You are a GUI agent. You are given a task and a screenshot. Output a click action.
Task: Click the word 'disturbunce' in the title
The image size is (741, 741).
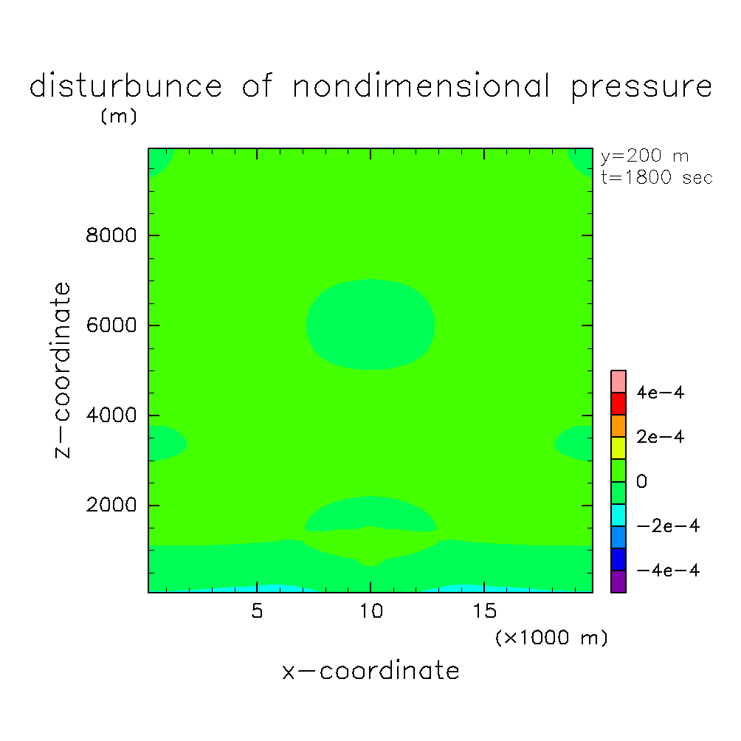tap(125, 86)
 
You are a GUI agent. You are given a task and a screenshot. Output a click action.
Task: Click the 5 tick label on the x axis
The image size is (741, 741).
tap(257, 613)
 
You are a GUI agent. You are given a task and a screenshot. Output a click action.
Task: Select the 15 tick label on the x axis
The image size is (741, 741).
tap(484, 613)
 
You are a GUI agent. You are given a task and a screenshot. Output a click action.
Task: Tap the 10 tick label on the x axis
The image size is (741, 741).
tap(370, 613)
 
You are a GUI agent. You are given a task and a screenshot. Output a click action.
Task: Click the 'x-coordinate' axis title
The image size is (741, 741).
tap(370, 671)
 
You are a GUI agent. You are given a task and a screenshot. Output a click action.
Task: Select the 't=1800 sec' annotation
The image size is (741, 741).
tap(657, 178)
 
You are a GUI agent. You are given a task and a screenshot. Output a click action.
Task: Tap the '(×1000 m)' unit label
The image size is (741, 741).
tap(551, 638)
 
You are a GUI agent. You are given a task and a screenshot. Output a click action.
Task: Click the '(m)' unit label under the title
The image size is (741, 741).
tap(118, 117)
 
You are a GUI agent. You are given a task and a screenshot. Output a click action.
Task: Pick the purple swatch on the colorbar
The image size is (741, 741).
tap(618, 581)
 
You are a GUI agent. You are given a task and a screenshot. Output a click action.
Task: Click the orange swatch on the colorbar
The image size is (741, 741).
tap(618, 425)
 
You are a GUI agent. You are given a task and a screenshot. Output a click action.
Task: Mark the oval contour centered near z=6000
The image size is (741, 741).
tap(370, 325)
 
